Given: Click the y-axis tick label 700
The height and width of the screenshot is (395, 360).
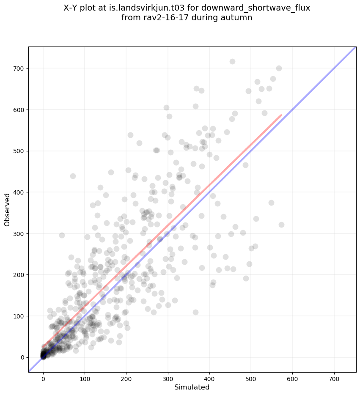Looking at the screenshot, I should point(19,69).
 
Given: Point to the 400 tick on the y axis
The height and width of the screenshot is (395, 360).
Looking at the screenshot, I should point(19,192).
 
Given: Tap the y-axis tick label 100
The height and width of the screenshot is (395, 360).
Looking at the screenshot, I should point(19,316).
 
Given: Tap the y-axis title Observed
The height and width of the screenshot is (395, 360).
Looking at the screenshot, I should point(7,209).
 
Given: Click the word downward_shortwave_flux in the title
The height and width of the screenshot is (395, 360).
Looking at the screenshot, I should point(262,8).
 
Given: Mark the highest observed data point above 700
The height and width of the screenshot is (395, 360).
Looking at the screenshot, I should point(232,61).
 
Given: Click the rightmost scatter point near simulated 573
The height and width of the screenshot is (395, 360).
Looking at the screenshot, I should point(281,225).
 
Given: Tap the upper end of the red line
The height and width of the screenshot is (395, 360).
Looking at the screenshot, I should point(281,115).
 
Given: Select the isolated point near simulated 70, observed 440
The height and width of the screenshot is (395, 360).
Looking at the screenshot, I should point(73,176).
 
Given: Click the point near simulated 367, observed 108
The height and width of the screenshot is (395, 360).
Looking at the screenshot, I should point(195,312).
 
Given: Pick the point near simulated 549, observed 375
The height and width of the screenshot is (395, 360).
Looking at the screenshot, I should point(271,203).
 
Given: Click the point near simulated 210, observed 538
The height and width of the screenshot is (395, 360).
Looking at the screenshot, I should point(130,135).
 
